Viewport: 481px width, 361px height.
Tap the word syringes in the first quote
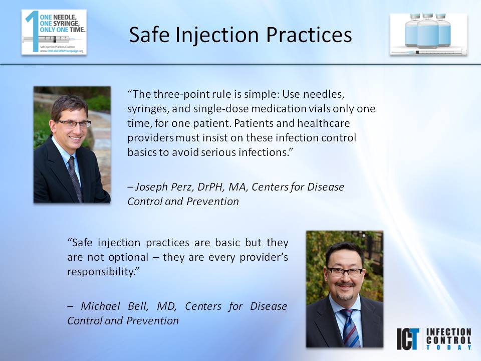(x=146, y=109)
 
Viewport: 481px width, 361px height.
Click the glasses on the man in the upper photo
(x=74, y=123)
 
